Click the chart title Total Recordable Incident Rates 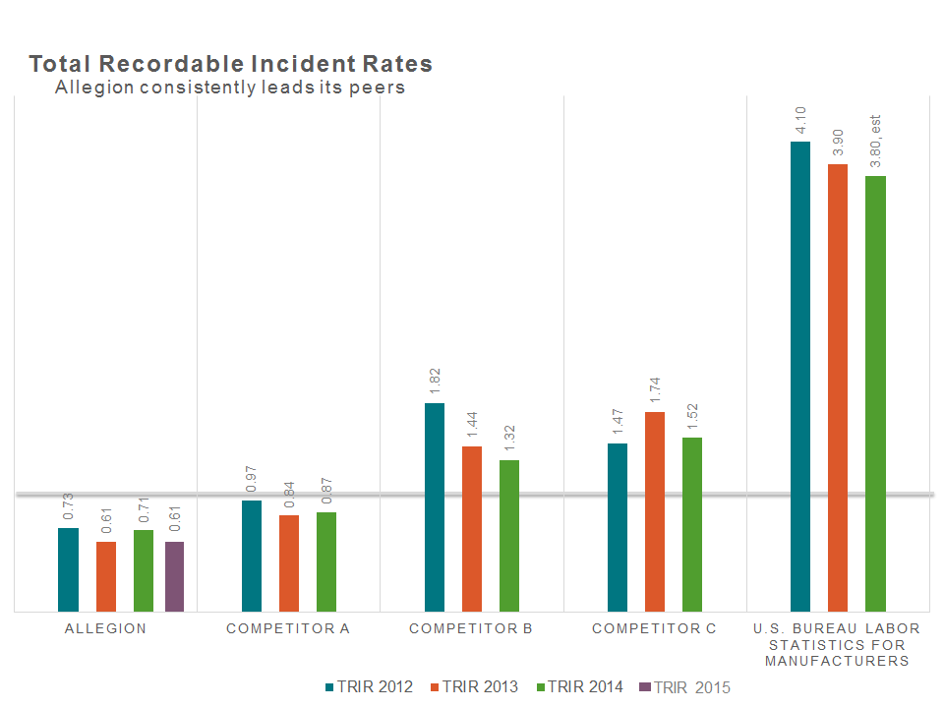click(230, 64)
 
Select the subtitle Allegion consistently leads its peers click(230, 88)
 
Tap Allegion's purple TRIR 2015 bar click(174, 576)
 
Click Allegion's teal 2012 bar click(68, 569)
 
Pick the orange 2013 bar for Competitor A click(288, 562)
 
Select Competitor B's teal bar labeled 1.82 click(435, 506)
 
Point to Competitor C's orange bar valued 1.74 click(655, 511)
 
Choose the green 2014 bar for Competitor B click(508, 535)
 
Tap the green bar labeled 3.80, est click(875, 393)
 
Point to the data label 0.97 click(252, 479)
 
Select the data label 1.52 click(692, 416)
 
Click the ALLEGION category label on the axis click(105, 628)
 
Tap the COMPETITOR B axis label click(471, 628)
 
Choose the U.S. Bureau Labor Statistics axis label click(837, 644)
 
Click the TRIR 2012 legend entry click(369, 687)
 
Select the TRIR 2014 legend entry click(579, 687)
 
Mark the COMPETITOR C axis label click(654, 628)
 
